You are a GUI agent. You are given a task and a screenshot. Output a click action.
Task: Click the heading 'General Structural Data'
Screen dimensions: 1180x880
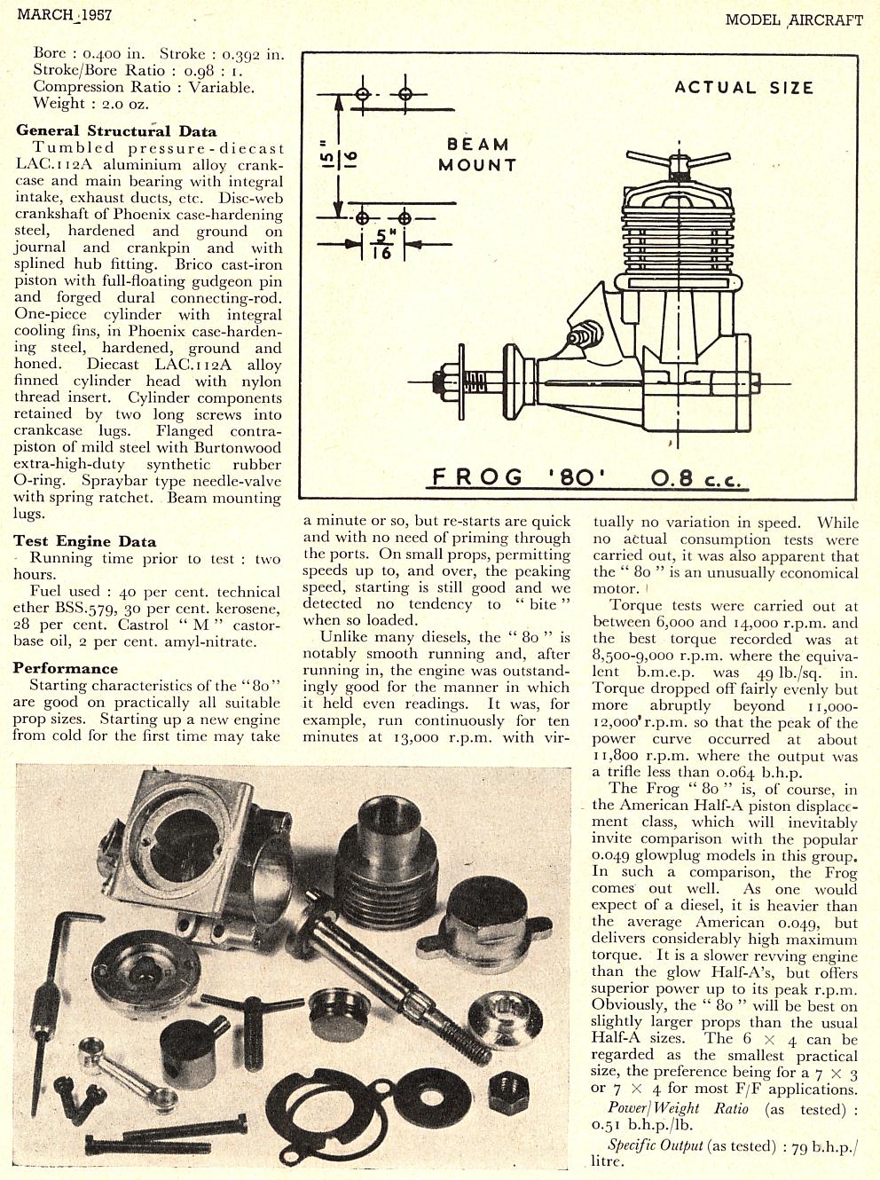coord(115,130)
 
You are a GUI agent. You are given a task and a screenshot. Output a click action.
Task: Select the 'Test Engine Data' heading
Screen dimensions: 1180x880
coord(85,541)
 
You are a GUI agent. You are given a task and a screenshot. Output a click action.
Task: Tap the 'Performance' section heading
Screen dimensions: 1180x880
coord(66,668)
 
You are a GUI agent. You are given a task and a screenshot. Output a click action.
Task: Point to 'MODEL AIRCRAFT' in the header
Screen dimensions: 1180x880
coord(793,20)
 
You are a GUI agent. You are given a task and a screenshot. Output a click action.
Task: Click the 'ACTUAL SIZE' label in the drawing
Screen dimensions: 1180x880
coord(743,88)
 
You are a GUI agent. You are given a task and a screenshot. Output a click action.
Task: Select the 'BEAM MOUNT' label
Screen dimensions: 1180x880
coord(476,154)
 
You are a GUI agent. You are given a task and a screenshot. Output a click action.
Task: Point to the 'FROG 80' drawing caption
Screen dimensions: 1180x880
coord(520,477)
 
